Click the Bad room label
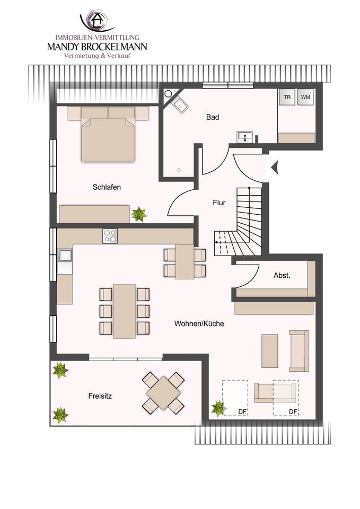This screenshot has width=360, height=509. (x=213, y=117)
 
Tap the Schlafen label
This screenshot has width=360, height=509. (x=107, y=187)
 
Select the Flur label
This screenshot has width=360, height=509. (x=219, y=203)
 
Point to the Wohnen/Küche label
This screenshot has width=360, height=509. (x=199, y=323)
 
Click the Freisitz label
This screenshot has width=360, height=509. (x=100, y=396)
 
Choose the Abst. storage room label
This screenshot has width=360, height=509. (x=282, y=276)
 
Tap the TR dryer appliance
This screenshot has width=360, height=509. (x=287, y=97)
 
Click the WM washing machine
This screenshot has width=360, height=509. (x=305, y=97)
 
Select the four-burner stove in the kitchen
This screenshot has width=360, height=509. (x=110, y=236)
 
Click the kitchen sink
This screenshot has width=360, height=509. (x=65, y=255)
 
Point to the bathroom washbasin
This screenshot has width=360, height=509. (x=244, y=137)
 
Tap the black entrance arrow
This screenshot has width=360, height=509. (x=275, y=168)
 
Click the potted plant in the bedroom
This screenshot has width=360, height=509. (x=139, y=214)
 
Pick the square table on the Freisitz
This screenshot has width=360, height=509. (x=163, y=393)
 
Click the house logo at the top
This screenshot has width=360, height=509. (x=97, y=21)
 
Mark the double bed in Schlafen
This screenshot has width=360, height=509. (x=108, y=134)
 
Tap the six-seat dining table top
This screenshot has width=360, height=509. (x=124, y=311)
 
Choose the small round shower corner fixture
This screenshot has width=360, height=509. (x=168, y=93)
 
